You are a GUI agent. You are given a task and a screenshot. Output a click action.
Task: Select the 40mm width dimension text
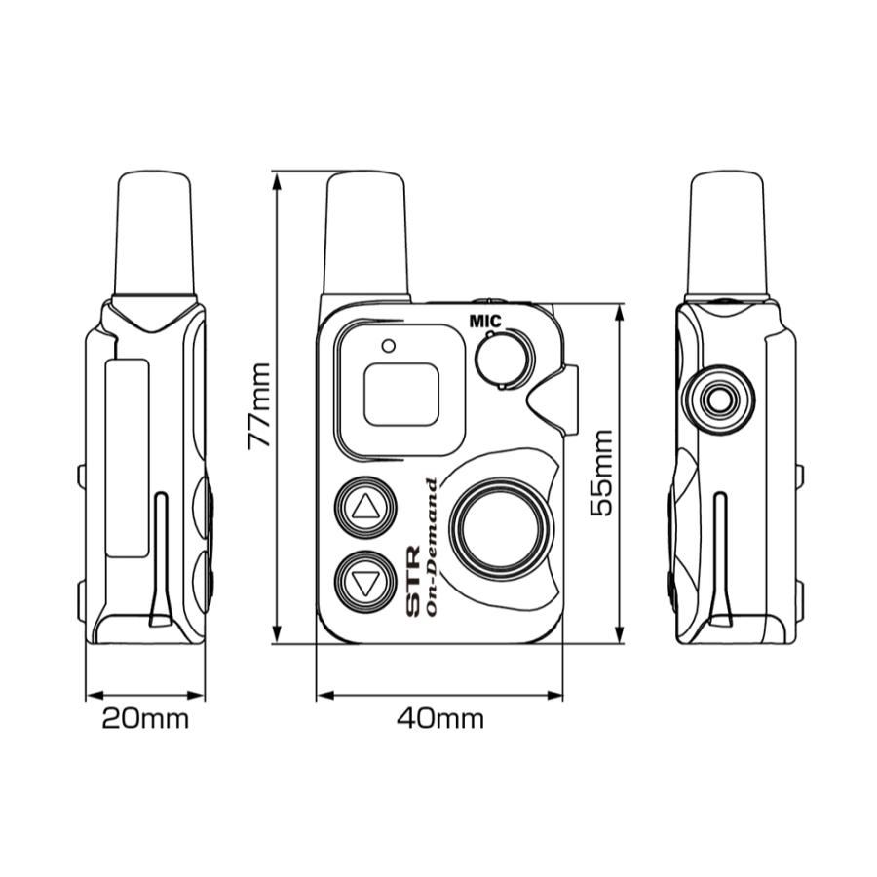tap(439, 719)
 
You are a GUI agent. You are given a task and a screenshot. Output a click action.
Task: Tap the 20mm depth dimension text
tap(145, 719)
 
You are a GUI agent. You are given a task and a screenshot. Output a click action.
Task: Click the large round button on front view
tap(505, 531)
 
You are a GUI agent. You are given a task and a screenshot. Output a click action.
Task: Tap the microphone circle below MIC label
tap(504, 359)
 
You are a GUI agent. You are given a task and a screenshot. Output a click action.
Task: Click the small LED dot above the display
tap(389, 345)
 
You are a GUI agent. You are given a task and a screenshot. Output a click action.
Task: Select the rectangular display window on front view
tap(400, 394)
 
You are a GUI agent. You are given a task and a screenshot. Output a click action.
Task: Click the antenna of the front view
tap(365, 234)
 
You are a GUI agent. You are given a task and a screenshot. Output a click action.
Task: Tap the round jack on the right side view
tap(720, 399)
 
